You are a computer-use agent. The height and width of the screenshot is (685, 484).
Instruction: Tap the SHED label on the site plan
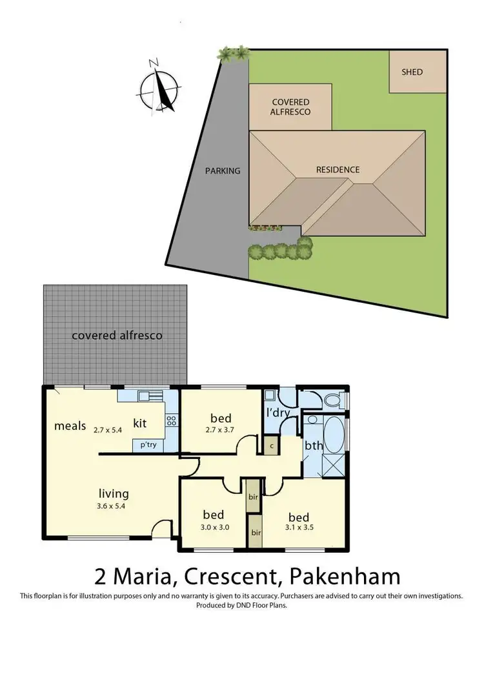point(412,72)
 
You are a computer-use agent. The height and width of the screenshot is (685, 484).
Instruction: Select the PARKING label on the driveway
point(223,171)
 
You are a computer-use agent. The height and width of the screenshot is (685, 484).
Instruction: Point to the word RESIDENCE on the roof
point(338,170)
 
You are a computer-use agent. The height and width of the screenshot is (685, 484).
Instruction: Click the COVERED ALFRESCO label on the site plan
point(290,107)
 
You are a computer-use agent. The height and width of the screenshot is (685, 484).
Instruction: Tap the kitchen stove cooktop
point(172,420)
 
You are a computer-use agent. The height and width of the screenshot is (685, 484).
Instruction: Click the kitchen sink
point(148,396)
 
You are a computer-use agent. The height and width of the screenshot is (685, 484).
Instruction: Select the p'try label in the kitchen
point(143,444)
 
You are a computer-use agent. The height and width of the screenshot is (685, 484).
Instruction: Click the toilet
point(334,400)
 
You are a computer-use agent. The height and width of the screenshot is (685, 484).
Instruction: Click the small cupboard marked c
point(272,445)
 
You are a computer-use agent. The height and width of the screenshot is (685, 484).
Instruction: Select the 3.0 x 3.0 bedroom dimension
point(213,527)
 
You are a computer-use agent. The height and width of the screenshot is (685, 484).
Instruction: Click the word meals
point(70,425)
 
